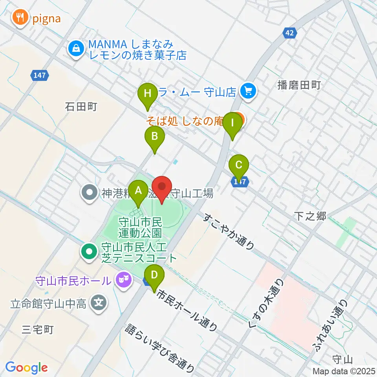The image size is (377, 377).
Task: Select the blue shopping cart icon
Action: point(248,91)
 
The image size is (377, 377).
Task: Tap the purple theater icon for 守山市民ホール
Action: point(123,280)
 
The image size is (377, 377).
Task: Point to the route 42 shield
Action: point(290,34)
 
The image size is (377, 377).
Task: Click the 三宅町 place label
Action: point(37,329)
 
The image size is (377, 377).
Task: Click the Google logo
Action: point(26,367)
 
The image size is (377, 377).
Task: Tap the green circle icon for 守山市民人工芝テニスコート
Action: point(89,251)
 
